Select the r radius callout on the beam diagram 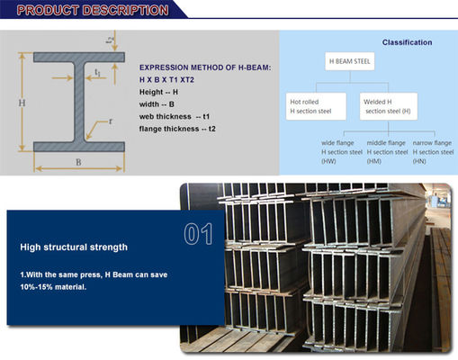click(111, 121)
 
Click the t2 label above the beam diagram click(110, 40)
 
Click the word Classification click(407, 42)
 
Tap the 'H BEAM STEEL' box click(349, 61)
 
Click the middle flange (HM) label click(388, 151)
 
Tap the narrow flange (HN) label click(433, 151)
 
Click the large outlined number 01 click(197, 235)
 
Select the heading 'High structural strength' click(74, 246)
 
